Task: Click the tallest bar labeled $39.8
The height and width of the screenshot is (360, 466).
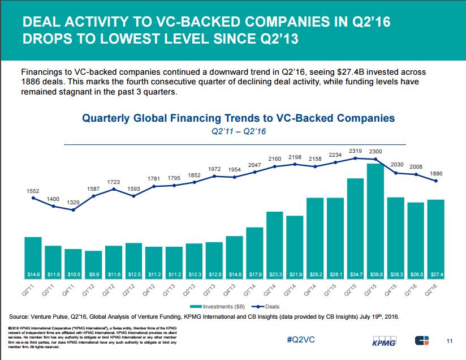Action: (x=375, y=221)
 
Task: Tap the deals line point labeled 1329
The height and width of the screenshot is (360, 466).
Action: (x=74, y=210)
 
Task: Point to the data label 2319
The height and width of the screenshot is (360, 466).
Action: (x=355, y=151)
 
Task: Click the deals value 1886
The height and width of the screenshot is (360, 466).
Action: (x=436, y=173)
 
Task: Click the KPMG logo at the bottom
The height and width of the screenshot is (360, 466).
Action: (x=386, y=342)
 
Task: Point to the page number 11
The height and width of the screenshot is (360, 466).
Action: (x=450, y=341)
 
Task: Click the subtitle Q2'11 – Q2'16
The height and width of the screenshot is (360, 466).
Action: (x=238, y=131)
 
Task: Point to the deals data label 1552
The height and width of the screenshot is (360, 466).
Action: (x=33, y=191)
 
